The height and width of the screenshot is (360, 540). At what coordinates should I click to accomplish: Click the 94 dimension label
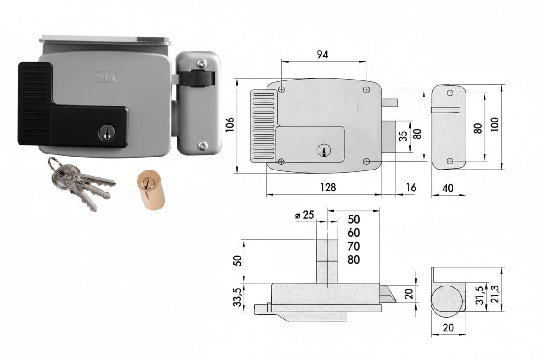(x=322, y=55)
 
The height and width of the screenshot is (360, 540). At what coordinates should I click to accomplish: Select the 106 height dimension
(x=230, y=125)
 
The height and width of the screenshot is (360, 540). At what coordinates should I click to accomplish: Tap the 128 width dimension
(x=328, y=187)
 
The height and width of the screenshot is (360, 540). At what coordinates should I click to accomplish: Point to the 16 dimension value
(x=411, y=187)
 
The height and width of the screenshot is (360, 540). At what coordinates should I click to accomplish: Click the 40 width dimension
(x=448, y=188)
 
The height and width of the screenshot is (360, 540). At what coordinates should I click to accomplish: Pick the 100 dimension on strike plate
(x=495, y=125)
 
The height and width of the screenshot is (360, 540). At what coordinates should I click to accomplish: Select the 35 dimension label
(x=403, y=136)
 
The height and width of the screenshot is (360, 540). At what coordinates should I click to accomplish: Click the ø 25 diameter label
(x=305, y=215)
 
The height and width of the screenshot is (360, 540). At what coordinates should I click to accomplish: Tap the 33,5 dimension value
(x=237, y=297)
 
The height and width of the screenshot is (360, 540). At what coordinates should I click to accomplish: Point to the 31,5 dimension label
(x=480, y=295)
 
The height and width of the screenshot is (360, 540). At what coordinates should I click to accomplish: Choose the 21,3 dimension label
(x=495, y=294)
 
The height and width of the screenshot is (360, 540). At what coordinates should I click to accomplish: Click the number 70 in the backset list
(x=354, y=246)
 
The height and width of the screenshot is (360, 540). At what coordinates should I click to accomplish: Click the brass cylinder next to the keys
(x=151, y=190)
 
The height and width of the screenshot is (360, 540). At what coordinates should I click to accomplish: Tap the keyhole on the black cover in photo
(x=106, y=132)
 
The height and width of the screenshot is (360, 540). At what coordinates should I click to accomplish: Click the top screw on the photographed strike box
(x=202, y=64)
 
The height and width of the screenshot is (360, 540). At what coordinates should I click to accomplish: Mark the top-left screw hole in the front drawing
(x=281, y=90)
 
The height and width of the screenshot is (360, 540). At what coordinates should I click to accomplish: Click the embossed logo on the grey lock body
(x=105, y=77)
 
